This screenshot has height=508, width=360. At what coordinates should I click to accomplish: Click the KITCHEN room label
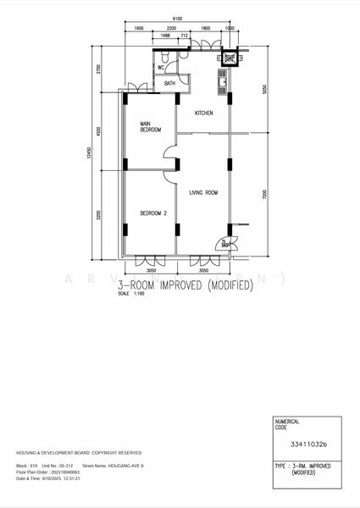pos(204,113)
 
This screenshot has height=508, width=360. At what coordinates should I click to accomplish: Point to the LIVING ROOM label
pos(203,193)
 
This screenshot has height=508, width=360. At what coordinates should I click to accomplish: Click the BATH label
pos(170,83)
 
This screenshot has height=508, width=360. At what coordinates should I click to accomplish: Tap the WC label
pos(161,68)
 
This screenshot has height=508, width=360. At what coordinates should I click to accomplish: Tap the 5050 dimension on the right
pos(264,89)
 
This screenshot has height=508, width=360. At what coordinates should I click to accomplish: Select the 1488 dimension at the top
pos(164,36)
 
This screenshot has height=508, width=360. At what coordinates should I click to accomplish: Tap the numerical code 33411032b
pos(308,443)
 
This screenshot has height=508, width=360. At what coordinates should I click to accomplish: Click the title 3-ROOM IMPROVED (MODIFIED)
pos(186,286)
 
